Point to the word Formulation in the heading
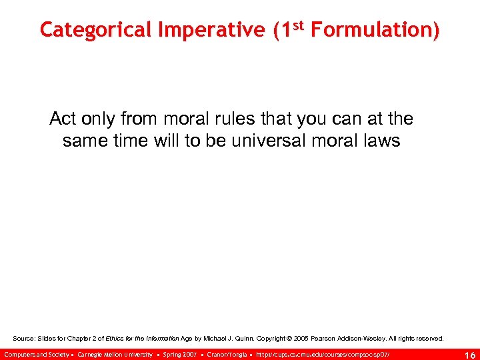pos(374,30)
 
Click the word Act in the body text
pos(64,119)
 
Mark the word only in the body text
pos(100,119)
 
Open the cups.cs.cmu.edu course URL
pos(323,354)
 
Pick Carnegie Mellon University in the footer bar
pos(115,354)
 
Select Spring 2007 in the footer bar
pos(180,354)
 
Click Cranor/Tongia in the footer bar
pos(227,354)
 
